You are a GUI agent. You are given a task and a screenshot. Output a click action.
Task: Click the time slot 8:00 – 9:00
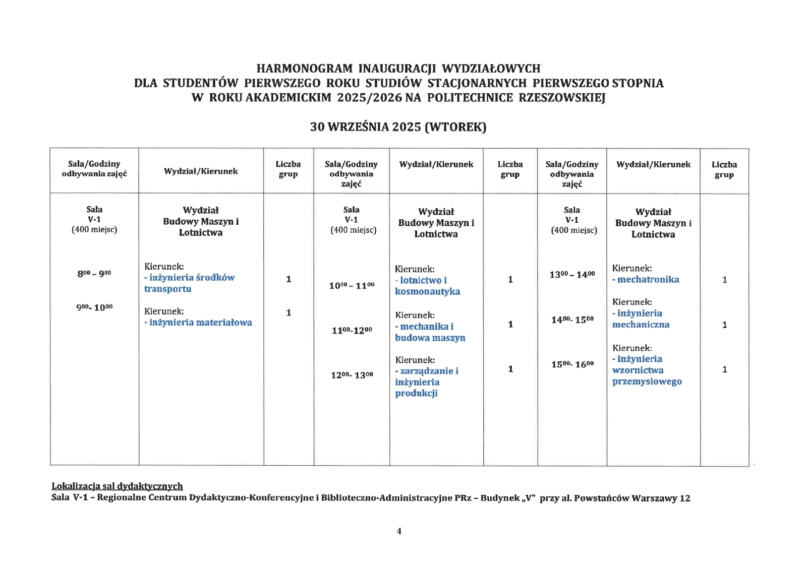coord(94,274)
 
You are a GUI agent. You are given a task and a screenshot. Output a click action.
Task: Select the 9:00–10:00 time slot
coord(94,307)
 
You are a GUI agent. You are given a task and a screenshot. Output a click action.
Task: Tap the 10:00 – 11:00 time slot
coord(352,286)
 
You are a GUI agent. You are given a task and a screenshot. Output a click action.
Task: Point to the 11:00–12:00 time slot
coord(352,331)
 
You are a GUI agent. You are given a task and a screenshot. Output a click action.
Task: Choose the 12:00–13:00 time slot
coord(352,375)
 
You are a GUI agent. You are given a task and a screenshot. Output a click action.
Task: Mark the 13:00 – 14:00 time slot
coord(572,275)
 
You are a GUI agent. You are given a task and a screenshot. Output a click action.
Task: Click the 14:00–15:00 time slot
coord(572,320)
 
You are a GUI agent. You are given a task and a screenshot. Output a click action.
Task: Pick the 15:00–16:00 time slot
coord(572,364)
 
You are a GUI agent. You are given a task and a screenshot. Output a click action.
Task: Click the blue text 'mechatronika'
coord(648,280)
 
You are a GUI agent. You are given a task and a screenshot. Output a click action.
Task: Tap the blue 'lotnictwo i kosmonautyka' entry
coord(427,286)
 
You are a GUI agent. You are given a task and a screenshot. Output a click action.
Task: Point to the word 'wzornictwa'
coord(638,370)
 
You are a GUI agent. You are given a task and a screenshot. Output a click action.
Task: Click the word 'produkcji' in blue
coord(416,393)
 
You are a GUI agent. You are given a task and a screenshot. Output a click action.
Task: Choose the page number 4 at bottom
coord(399,531)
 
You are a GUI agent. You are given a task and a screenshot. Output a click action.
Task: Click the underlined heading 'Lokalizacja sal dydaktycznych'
coord(117,486)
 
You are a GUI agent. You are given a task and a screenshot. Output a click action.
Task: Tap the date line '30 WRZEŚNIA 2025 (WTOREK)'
coord(398,127)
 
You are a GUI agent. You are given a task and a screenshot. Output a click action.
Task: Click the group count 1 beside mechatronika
coord(724,280)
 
